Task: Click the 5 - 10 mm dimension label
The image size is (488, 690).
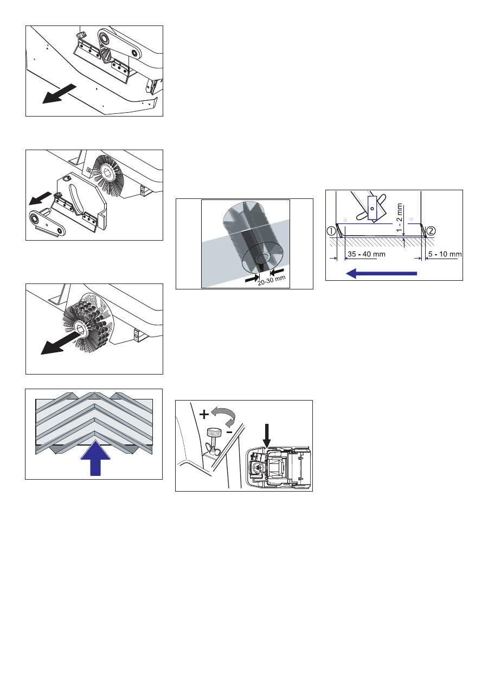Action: (x=444, y=254)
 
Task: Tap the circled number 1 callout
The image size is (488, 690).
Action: (x=332, y=230)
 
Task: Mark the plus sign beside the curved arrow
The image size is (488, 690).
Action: (x=204, y=415)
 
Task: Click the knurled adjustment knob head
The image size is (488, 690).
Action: (x=213, y=431)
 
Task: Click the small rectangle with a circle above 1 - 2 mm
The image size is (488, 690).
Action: (x=373, y=208)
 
